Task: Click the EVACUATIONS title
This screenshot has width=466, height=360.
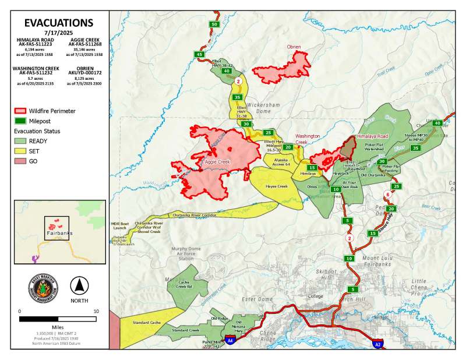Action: point(58,23)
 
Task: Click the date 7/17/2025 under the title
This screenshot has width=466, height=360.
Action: point(58,33)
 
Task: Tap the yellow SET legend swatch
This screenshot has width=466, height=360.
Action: point(21,150)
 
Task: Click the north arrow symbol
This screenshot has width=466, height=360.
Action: point(79,285)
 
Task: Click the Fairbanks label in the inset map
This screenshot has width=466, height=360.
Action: point(58,233)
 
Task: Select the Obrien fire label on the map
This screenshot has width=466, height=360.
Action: point(294,47)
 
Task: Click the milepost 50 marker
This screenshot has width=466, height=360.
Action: point(214,24)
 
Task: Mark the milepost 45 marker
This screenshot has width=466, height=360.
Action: point(200,54)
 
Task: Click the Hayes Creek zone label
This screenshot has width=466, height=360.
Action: point(277,186)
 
